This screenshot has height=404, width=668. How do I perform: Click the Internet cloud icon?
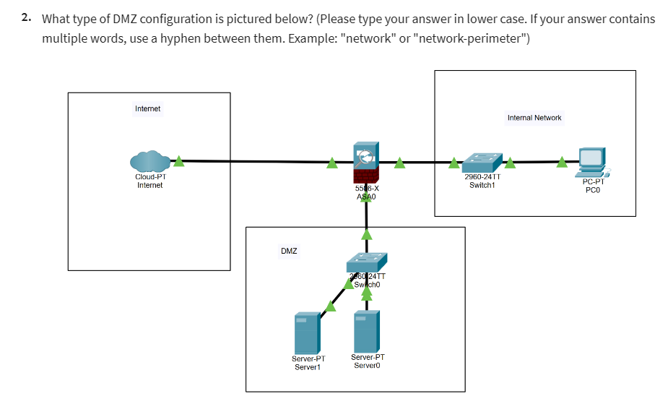149,162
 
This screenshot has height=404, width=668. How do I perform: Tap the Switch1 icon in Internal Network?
482,162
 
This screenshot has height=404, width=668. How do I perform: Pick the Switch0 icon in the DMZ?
366,262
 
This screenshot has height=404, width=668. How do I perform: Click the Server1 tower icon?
308,332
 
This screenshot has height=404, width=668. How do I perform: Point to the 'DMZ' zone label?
289,252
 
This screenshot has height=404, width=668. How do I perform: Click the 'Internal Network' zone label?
534,118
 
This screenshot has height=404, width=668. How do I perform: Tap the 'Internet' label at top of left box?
148,109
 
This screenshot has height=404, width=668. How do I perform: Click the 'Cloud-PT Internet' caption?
150,181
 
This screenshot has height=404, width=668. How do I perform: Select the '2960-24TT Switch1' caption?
482,181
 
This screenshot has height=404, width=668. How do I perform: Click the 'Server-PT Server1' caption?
308,363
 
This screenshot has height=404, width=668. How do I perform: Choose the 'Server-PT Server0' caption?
368,361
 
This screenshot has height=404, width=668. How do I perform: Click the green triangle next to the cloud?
178,162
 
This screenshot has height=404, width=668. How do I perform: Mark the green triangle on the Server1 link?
330,306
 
